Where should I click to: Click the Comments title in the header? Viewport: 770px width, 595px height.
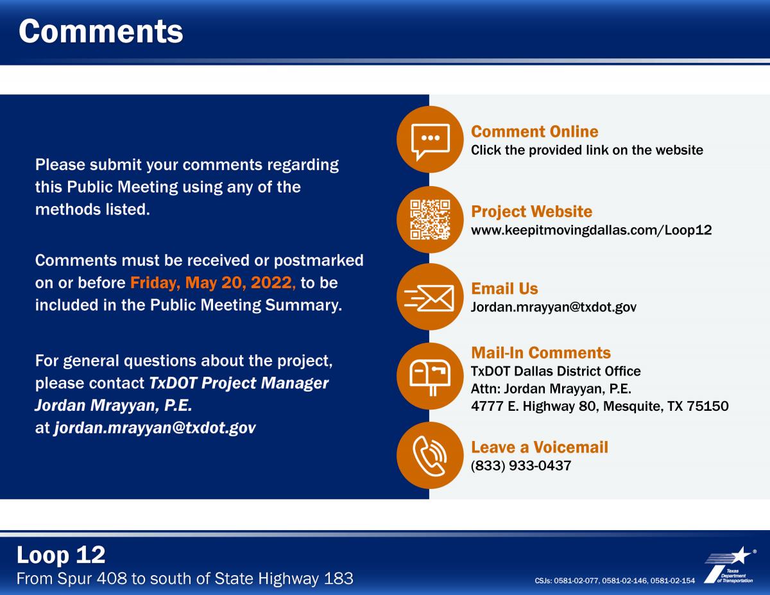pos(101,31)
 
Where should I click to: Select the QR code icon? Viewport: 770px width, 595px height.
pos(430,220)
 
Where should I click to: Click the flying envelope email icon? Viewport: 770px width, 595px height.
pos(429,298)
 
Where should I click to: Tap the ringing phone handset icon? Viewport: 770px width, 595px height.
pos(430,456)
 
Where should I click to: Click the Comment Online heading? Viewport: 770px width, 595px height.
pos(535,132)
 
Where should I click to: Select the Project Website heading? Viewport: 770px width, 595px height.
pos(531,212)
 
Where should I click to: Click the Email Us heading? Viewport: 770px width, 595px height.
pos(504,288)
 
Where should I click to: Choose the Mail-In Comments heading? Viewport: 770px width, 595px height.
pos(541,352)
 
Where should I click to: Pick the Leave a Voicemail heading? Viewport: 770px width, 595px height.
pos(539,447)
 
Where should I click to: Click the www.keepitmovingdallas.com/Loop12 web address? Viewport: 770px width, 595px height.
pos(591,230)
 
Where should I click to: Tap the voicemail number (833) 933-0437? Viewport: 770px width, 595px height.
pos(521,465)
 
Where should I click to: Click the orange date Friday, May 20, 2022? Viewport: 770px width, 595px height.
pos(212,283)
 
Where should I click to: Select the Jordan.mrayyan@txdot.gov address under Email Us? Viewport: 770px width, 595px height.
pos(554,307)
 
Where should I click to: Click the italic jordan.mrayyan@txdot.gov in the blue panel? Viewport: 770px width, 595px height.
pos(155,427)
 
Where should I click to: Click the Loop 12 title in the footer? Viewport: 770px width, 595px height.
pos(61,555)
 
